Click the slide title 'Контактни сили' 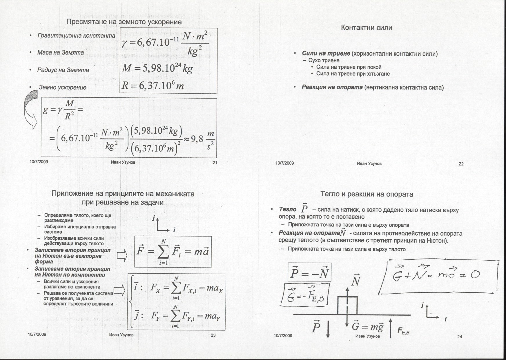coord(367,28)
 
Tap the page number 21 coord(215,163)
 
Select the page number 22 coord(461,164)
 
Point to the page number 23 coord(213,335)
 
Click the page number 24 coord(459,337)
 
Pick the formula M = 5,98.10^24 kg coord(157,68)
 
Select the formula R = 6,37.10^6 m coord(153,86)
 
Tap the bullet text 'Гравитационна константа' coord(76,36)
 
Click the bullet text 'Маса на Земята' coord(60,52)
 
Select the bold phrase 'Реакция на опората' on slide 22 coord(332,87)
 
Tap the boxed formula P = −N coord(309,272)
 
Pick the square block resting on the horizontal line coord(347,305)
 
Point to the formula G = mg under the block coord(367,327)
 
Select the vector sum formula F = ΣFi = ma coord(173,252)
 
